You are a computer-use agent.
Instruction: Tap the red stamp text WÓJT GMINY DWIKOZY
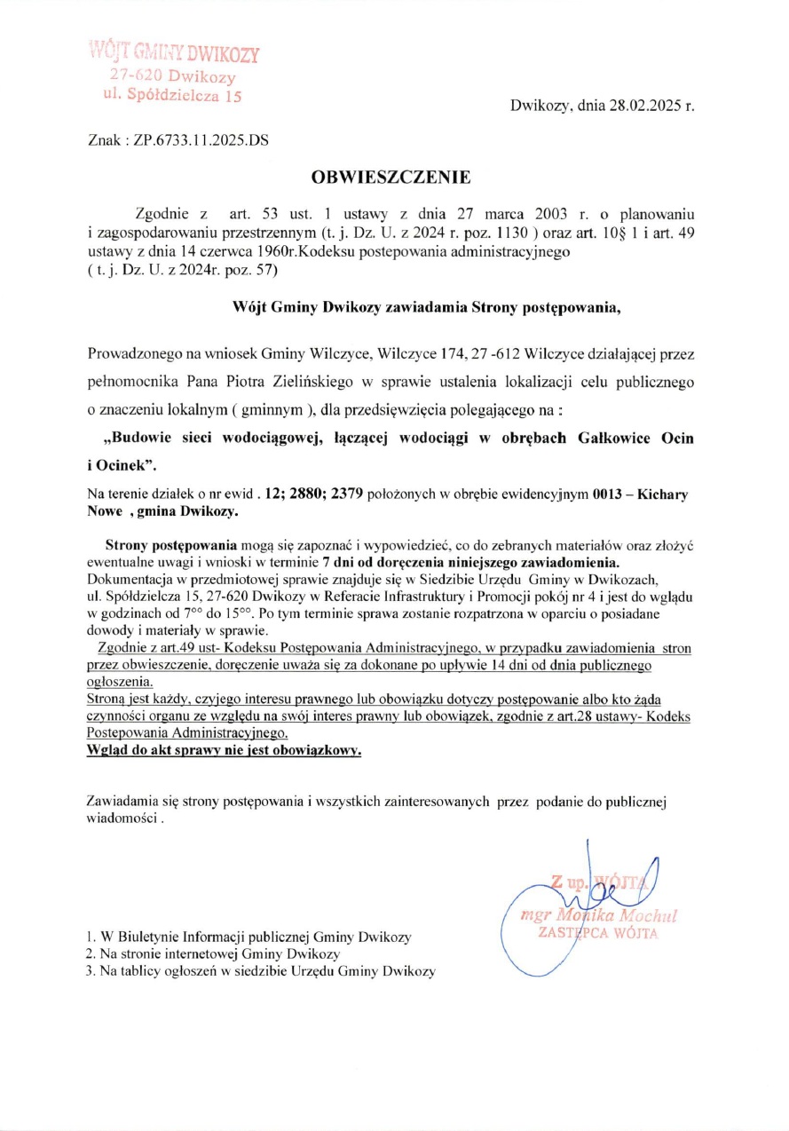point(175,52)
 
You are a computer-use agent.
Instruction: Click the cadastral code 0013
point(609,494)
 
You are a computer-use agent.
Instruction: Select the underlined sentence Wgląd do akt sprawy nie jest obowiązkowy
point(225,750)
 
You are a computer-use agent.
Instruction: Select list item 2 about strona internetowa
point(213,953)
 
